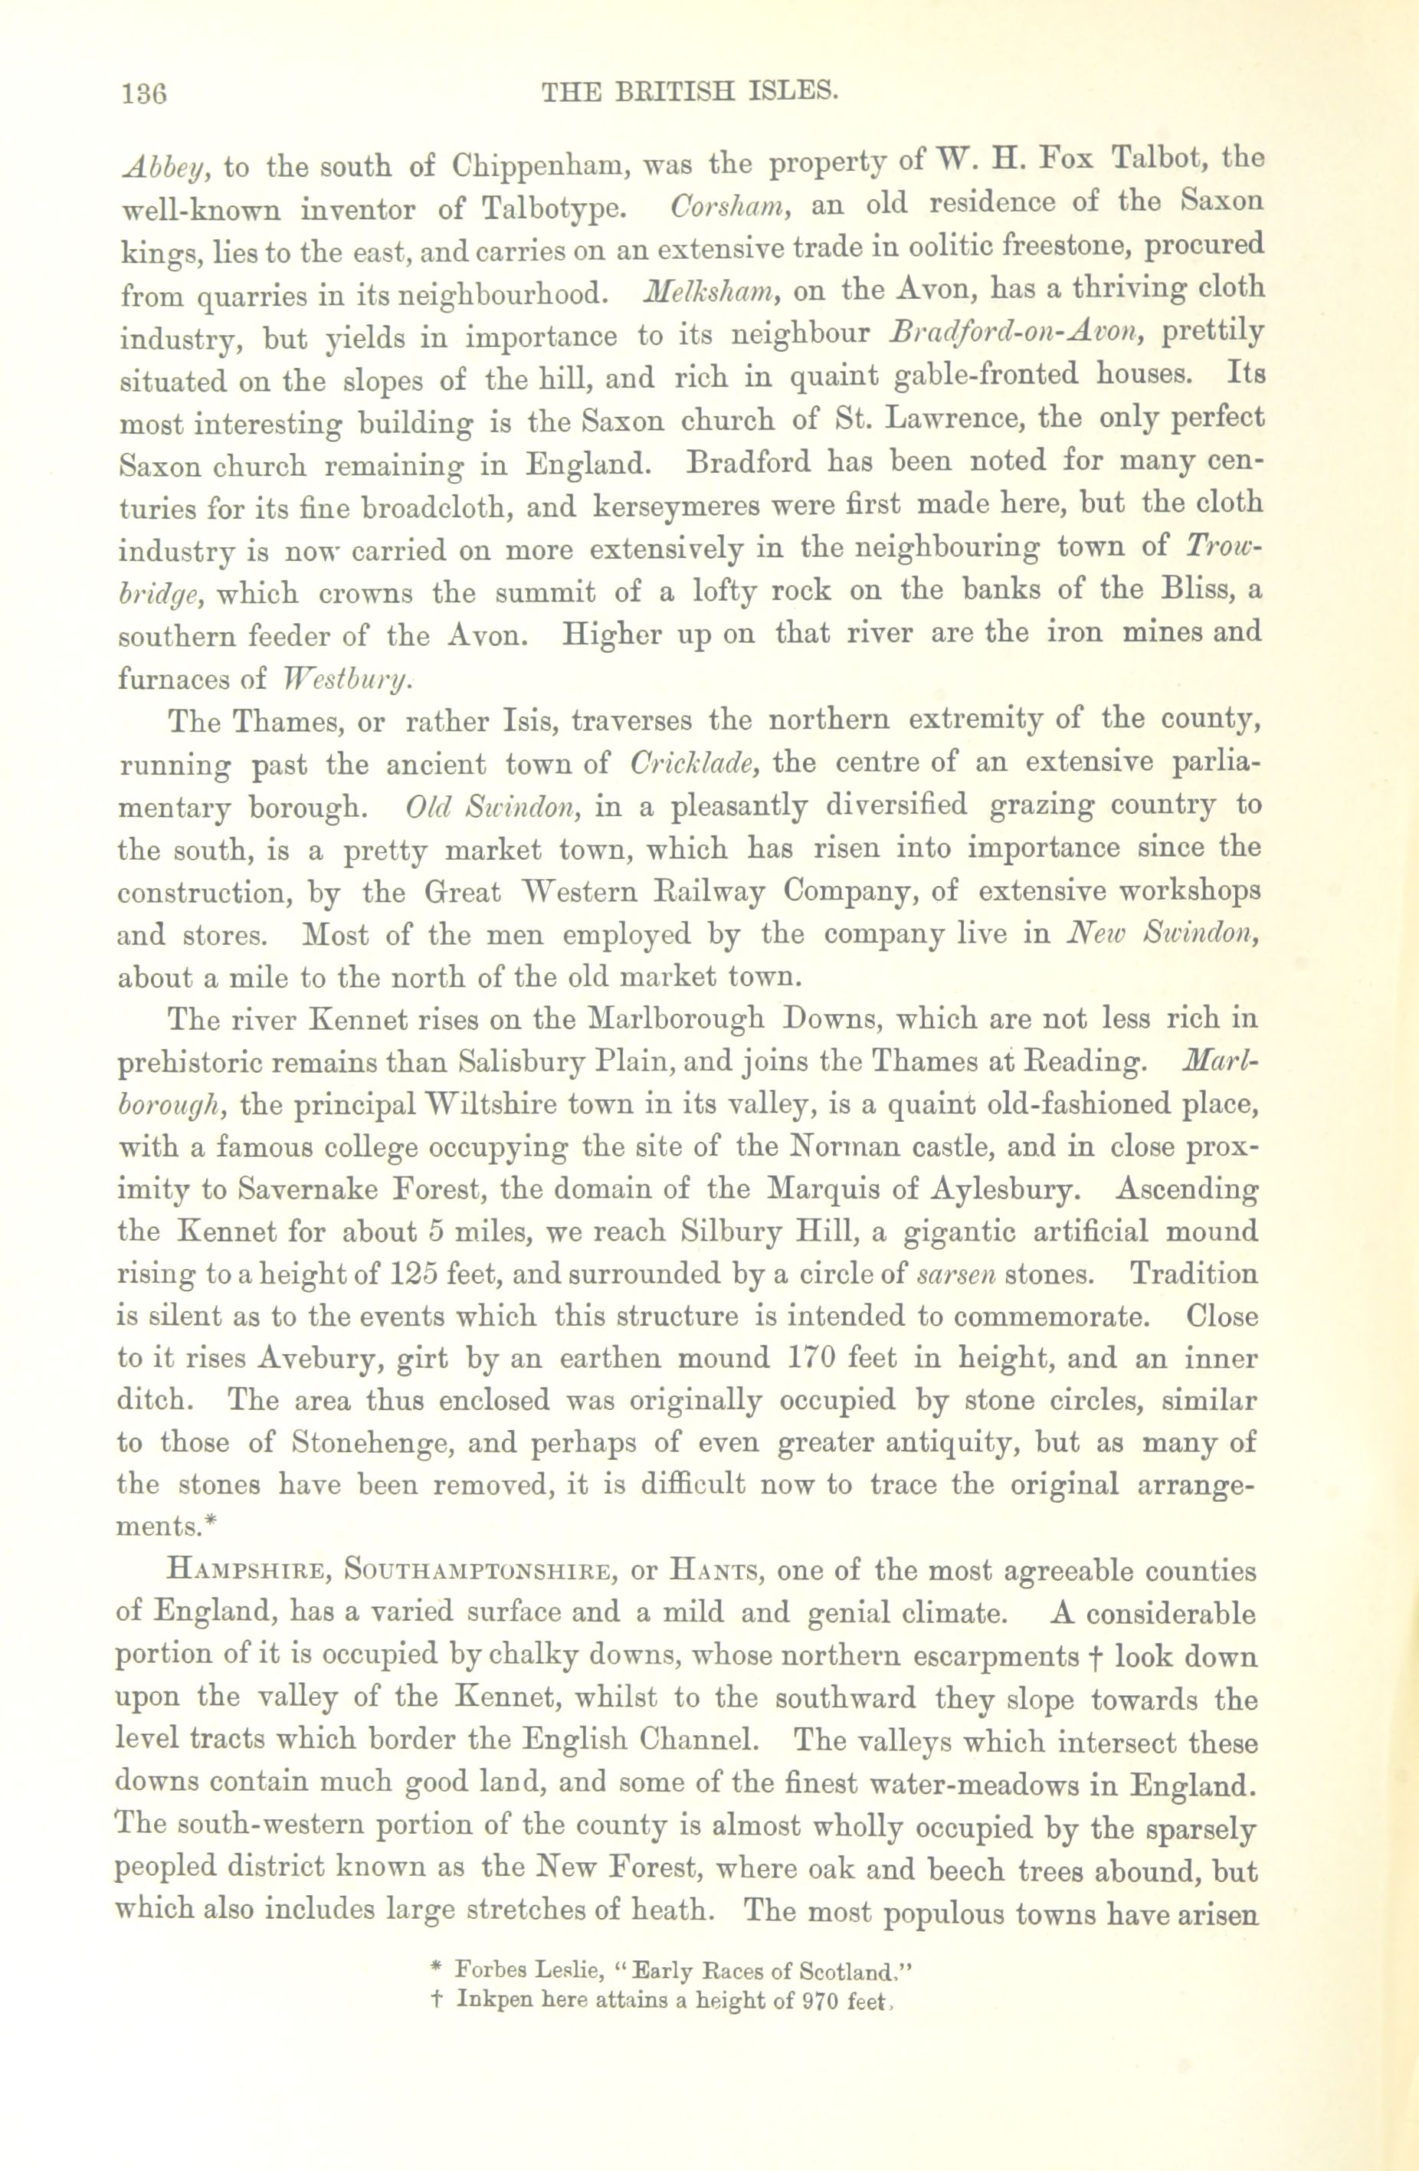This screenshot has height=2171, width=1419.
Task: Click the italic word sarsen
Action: [952, 1274]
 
